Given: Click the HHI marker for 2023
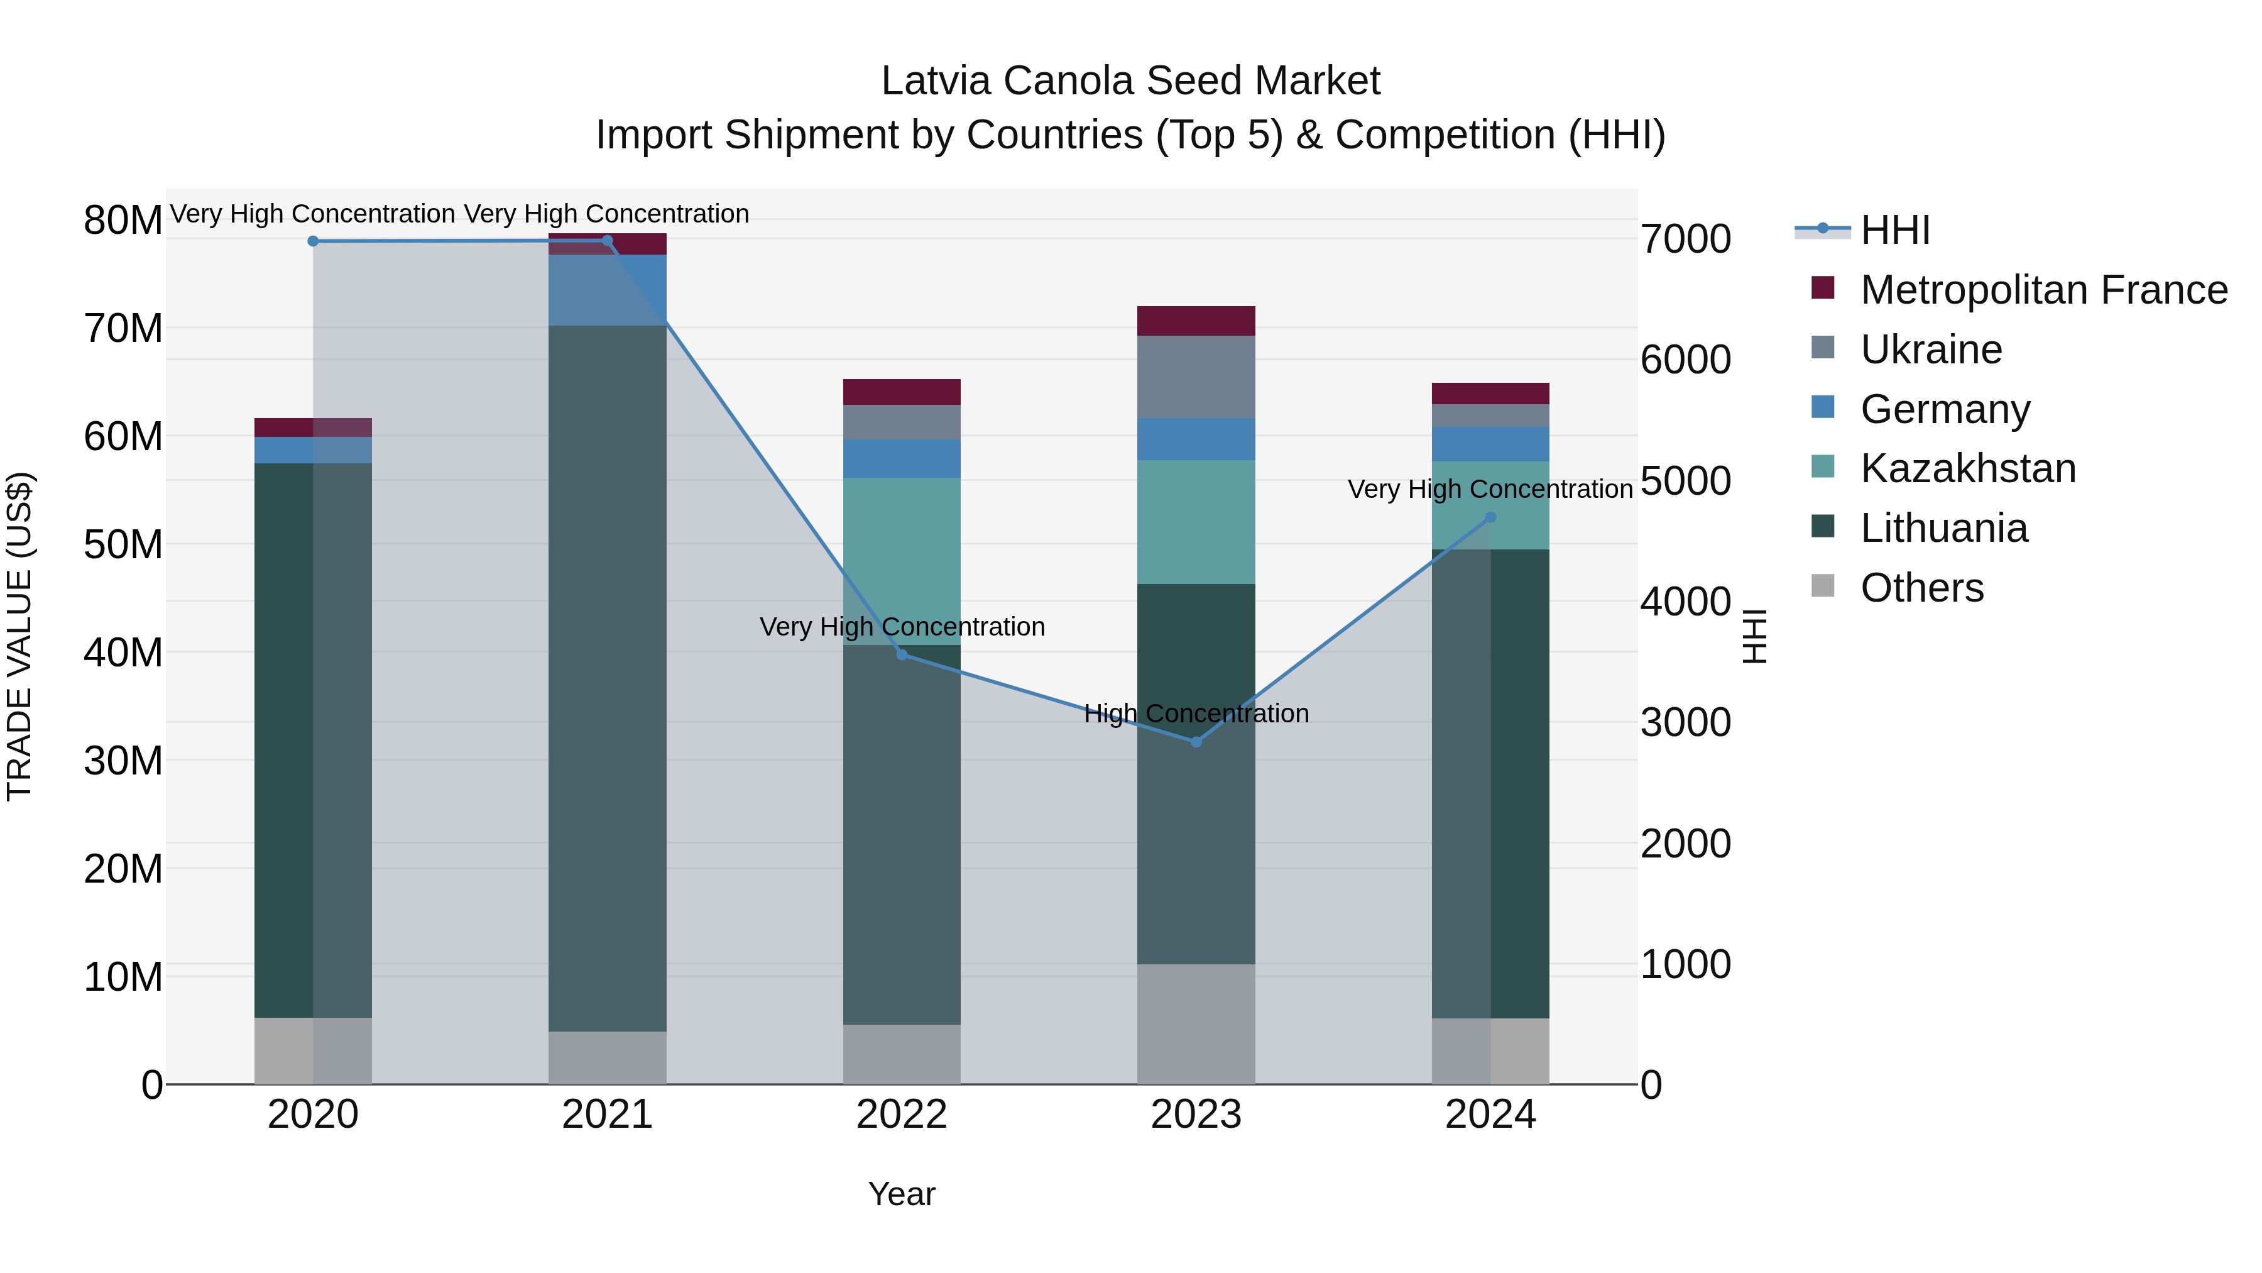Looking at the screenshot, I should (x=1195, y=742).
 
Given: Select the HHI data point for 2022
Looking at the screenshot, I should (x=902, y=654).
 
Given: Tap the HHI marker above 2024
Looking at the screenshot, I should (x=1490, y=517).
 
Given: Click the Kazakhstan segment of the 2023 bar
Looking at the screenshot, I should (x=1195, y=522).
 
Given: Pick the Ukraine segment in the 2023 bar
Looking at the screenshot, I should (x=1195, y=377).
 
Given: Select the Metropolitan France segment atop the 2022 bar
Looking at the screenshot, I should (x=902, y=392).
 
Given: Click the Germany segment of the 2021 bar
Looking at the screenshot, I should (x=608, y=290).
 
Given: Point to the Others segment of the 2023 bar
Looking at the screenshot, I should (x=1195, y=1023).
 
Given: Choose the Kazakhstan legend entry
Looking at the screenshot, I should (x=1968, y=468).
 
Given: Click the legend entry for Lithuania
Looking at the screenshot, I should (x=1943, y=528).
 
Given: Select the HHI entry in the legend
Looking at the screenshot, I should (x=1895, y=230).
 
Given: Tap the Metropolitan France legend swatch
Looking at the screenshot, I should (x=1823, y=288).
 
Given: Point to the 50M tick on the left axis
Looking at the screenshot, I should (x=123, y=544).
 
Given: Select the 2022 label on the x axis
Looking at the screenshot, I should (x=902, y=1115).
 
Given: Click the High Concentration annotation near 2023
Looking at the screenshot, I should (x=1195, y=714).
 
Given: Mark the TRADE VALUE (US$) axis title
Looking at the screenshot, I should (x=19, y=636).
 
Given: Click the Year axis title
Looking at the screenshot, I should (x=902, y=1194).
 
